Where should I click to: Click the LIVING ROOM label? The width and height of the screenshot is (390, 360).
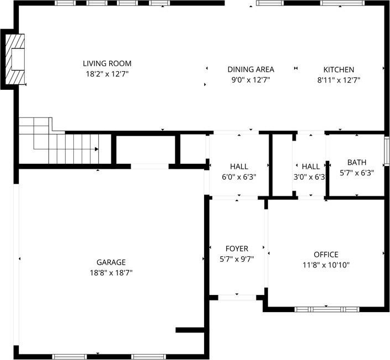coord(107,63)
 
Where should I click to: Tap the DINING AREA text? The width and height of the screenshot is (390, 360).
coord(250,69)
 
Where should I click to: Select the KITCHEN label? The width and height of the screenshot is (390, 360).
coord(339,69)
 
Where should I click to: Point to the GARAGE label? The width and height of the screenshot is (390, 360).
coord(111,262)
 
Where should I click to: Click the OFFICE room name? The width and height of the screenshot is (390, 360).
coord(326,255)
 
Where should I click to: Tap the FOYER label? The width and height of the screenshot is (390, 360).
coord(237,249)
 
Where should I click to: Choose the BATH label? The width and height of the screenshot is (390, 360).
coord(357,162)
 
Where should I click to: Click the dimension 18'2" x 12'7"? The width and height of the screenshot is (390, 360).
coord(107,74)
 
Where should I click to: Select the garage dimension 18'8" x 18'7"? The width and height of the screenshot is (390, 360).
coord(111,273)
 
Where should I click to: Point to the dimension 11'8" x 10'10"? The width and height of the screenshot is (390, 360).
coord(326,265)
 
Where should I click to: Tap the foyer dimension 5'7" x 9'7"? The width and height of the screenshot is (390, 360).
coord(237,259)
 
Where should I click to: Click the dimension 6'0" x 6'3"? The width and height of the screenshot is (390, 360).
coord(239,177)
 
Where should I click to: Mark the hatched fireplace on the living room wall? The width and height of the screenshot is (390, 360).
coord(15,59)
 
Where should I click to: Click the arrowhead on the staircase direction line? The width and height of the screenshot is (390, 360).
coord(97,149)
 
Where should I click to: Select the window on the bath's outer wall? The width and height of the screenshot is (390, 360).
coord(387,151)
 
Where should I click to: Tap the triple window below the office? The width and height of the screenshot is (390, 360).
coord(327,309)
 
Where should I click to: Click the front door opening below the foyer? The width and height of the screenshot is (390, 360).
coord(237,297)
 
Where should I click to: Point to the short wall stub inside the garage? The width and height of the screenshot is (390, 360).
coord(190,330)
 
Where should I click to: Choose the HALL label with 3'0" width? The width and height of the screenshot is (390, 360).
coord(311,166)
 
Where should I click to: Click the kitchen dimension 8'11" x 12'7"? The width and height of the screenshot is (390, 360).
coord(339,80)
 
